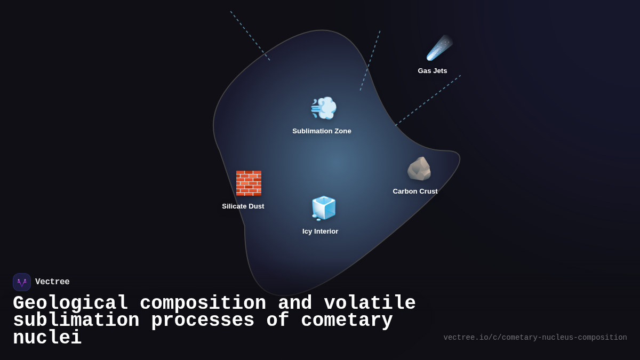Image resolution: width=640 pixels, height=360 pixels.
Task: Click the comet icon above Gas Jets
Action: [x=439, y=48]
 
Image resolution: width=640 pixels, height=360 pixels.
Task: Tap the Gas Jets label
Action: [x=433, y=71]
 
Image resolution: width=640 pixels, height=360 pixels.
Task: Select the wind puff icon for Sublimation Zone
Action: [x=323, y=108]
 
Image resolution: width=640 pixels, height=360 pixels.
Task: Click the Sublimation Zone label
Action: [x=322, y=131]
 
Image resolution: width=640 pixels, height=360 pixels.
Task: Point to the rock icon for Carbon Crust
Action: [x=419, y=169]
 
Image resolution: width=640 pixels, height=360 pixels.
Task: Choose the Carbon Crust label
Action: [x=415, y=191]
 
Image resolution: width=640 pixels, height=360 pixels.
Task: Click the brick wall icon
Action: [x=249, y=183]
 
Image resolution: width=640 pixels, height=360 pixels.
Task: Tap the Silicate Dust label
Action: [x=243, y=206]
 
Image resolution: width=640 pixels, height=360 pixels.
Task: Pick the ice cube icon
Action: [x=323, y=208]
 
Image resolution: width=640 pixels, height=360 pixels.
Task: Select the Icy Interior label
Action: [x=320, y=231]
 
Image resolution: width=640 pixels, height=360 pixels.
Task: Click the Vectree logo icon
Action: [x=22, y=282]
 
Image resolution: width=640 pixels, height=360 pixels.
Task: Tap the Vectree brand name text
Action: [x=52, y=282]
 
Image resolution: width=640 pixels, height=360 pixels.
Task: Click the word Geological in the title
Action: [x=70, y=303]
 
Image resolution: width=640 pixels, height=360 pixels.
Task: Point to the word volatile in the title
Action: [x=370, y=303]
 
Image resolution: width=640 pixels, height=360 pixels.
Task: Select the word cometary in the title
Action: [x=347, y=321]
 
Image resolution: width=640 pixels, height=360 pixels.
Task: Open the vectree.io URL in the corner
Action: [x=535, y=338]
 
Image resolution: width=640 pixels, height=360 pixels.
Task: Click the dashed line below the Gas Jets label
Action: [x=428, y=100]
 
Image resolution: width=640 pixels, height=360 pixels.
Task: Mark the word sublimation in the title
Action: [x=76, y=321]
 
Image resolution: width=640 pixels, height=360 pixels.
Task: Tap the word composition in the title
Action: [x=203, y=303]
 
